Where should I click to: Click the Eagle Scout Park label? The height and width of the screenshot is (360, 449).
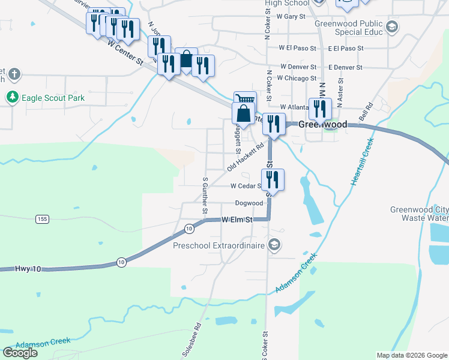pyautogui.click(x=53, y=98)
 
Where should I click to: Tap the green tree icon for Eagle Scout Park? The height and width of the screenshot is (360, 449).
pyautogui.click(x=12, y=97)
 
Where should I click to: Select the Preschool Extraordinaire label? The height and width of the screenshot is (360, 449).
pyautogui.click(x=218, y=245)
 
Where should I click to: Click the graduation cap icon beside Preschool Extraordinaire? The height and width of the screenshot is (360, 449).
pyautogui.click(x=274, y=244)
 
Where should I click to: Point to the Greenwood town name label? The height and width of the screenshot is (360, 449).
pyautogui.click(x=323, y=124)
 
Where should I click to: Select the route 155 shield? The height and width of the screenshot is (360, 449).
pyautogui.click(x=41, y=219)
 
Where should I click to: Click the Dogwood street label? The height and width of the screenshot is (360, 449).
pyautogui.click(x=249, y=203)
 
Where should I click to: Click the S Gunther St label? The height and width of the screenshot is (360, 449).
pyautogui.click(x=205, y=194)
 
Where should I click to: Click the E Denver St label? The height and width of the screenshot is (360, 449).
pyautogui.click(x=345, y=67)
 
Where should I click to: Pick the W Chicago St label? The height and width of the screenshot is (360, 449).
pyautogui.click(x=298, y=78)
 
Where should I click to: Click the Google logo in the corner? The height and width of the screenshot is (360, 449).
pyautogui.click(x=20, y=352)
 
